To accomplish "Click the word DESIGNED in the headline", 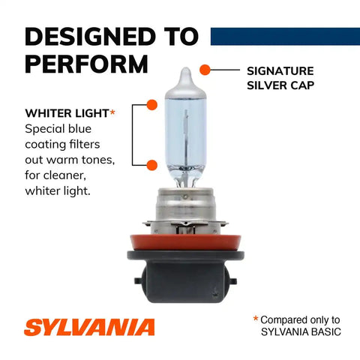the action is click(90, 37).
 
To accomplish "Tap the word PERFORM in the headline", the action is click(86, 64).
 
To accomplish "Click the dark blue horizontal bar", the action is click(285, 37).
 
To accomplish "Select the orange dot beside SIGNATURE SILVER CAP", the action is click(205, 70).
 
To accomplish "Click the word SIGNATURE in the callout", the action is click(280, 71).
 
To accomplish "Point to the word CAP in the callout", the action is click(302, 85).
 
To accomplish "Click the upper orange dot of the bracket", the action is click(151, 105).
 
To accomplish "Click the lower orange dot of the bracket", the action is click(151, 165).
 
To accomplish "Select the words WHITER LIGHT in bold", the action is click(67, 113).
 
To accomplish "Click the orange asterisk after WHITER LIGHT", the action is click(112, 112).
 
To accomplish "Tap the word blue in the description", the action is click(80, 129).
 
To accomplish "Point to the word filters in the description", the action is click(85, 144).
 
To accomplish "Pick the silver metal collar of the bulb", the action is click(185, 208).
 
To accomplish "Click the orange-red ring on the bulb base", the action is click(185, 242).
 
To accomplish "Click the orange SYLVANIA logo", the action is click(89, 327).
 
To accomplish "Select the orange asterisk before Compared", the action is click(256, 319).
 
